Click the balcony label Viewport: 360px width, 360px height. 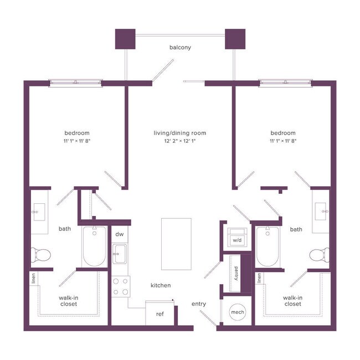tap(180, 48)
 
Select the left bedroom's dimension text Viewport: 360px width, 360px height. tap(77, 142)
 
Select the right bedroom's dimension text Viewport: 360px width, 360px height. tap(283, 142)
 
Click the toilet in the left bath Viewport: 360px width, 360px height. tap(40, 254)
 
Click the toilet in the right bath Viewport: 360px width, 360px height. tap(319, 255)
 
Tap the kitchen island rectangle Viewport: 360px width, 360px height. tap(176, 243)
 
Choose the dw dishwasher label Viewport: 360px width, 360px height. tap(119, 234)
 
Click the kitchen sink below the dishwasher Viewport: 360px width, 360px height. tap(119, 257)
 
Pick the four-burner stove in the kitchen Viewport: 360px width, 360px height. tap(120, 286)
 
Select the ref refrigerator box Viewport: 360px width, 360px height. tap(160, 314)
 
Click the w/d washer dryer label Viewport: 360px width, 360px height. tap(237, 240)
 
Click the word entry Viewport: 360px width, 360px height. tap(199, 304)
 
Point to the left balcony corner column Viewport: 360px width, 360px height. tap(125, 39)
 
